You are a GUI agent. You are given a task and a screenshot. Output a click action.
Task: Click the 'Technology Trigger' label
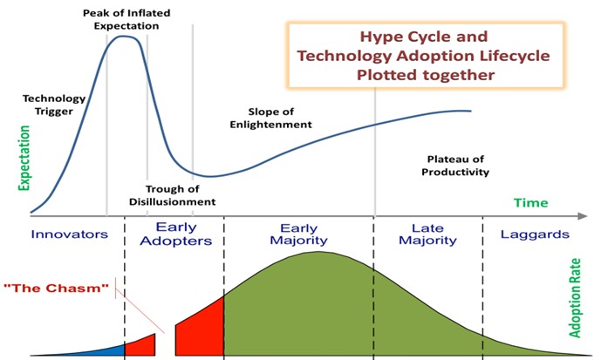click(x=53, y=105)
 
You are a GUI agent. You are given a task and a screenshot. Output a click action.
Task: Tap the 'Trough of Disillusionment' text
click(x=180, y=195)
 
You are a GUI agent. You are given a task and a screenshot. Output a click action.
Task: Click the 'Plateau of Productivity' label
click(x=458, y=165)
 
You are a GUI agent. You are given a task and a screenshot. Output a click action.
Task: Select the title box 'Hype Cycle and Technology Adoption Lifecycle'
click(x=423, y=56)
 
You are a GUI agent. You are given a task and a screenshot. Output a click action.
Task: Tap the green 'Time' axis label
click(x=530, y=202)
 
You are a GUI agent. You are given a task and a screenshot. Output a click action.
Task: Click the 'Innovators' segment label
click(x=69, y=234)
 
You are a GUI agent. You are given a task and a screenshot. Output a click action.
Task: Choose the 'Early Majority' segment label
click(x=298, y=234)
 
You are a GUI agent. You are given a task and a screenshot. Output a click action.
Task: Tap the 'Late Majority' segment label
click(x=427, y=234)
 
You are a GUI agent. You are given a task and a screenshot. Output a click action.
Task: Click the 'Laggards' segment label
click(x=535, y=234)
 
